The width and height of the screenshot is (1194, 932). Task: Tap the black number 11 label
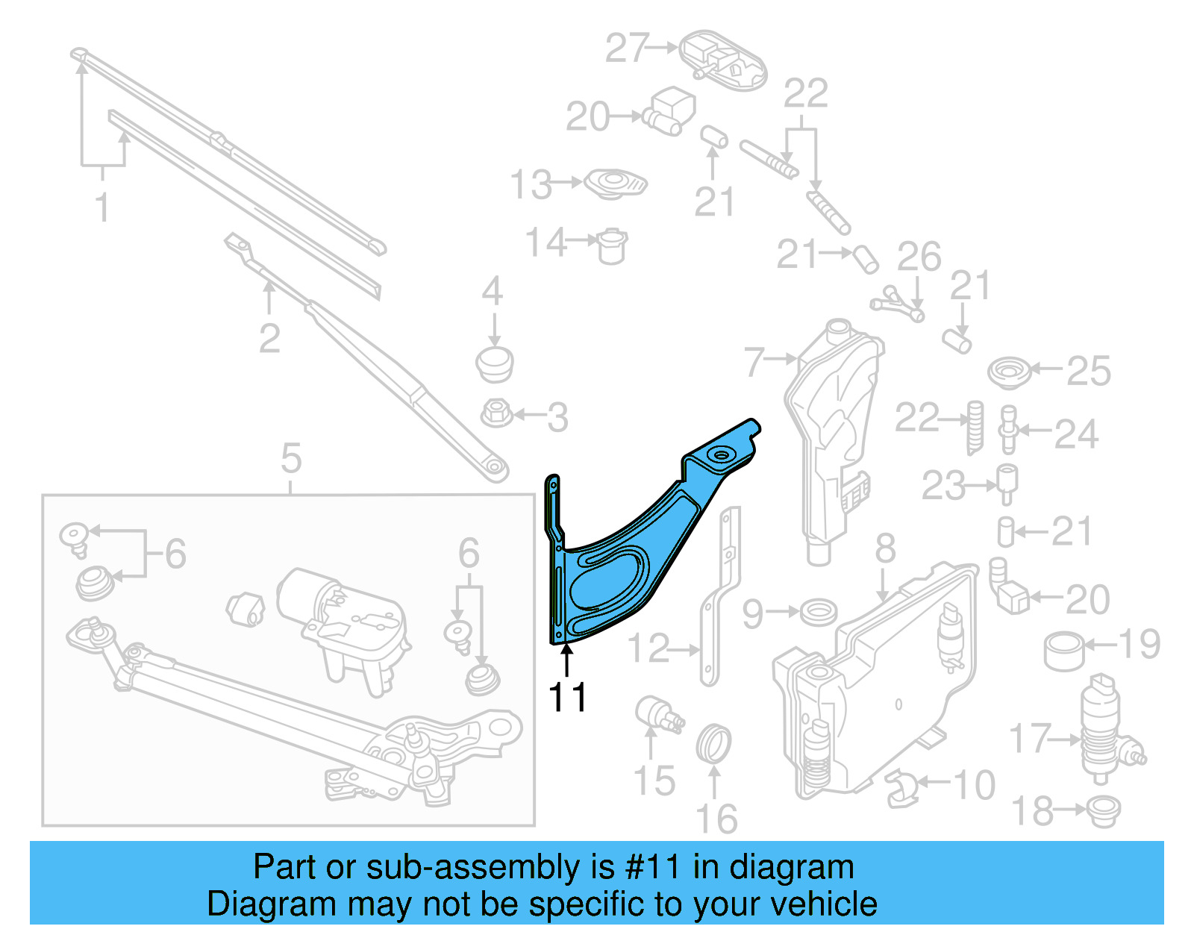coord(568,698)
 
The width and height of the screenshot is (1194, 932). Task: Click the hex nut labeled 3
coord(496,412)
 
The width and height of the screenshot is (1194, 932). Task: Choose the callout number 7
coord(754,362)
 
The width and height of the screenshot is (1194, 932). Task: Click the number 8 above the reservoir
coord(885,548)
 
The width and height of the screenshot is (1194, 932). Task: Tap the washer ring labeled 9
coord(818,612)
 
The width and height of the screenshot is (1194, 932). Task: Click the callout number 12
coord(648,648)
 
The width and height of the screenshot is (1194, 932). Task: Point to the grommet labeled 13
coord(615,184)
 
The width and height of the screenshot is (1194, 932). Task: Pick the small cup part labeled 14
coord(613,245)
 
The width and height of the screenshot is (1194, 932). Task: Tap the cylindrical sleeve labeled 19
coord(1064,651)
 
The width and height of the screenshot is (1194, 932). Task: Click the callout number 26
coord(919,257)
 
